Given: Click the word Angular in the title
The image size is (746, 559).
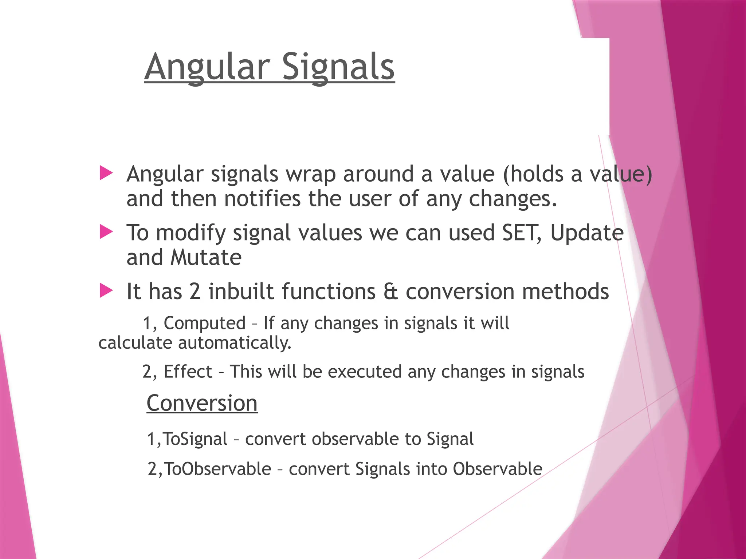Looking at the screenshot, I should pyautogui.click(x=207, y=67).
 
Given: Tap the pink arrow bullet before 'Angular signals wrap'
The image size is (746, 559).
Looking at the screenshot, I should pyautogui.click(x=106, y=173).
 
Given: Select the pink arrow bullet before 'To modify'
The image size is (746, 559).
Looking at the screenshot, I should pyautogui.click(x=106, y=232).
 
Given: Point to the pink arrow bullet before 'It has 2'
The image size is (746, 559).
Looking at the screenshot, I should pyautogui.click(x=106, y=291).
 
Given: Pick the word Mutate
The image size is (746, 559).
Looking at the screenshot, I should pyautogui.click(x=206, y=258).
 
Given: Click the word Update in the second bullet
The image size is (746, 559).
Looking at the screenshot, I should pyautogui.click(x=587, y=233).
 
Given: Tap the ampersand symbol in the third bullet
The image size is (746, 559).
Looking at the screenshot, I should pyautogui.click(x=390, y=292).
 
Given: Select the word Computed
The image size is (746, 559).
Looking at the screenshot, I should pyautogui.click(x=204, y=324).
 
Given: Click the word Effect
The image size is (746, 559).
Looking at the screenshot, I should pyautogui.click(x=188, y=372).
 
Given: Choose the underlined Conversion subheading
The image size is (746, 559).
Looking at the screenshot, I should pyautogui.click(x=202, y=403).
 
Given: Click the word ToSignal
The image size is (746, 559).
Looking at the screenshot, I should pyautogui.click(x=195, y=439).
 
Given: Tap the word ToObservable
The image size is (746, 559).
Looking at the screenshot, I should pyautogui.click(x=217, y=469).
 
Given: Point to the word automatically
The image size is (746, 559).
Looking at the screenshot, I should pyautogui.click(x=235, y=343).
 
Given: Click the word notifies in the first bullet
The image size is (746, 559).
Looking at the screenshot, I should pyautogui.click(x=262, y=199).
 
